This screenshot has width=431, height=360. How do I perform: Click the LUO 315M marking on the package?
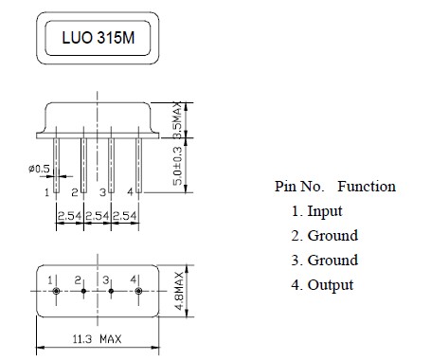point(99,38)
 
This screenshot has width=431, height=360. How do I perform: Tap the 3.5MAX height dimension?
point(178,120)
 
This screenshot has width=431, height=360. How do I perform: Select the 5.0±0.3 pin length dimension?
point(178,166)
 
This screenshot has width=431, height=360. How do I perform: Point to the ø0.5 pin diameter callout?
point(39,169)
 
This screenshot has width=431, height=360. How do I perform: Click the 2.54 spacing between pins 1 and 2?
point(69,216)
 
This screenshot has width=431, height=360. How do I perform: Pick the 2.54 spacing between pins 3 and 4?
point(125,216)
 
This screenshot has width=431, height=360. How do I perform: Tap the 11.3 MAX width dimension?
point(97,339)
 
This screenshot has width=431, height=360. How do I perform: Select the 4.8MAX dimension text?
point(179,291)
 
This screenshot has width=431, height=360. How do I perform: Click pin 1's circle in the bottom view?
point(56,291)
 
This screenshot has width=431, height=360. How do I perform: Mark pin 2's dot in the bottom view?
point(83,291)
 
